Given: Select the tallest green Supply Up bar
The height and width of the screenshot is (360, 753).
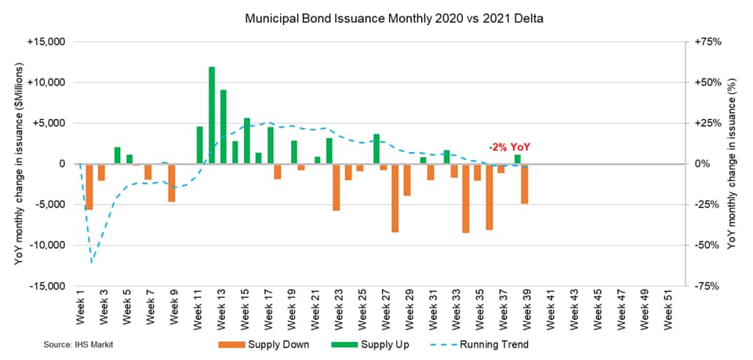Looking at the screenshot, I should point(212,115).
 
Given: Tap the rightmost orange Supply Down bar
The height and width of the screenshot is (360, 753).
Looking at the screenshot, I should point(524,184).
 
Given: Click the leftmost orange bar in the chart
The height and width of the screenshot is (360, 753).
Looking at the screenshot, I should point(89,187).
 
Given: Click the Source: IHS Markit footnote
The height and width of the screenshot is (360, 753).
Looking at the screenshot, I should point(75,345).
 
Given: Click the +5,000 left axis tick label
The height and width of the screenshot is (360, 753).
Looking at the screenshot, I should point(49,123).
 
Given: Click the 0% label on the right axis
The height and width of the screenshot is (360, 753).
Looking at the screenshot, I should point(698,164).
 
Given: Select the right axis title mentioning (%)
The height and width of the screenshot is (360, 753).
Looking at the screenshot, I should point(733,164).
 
